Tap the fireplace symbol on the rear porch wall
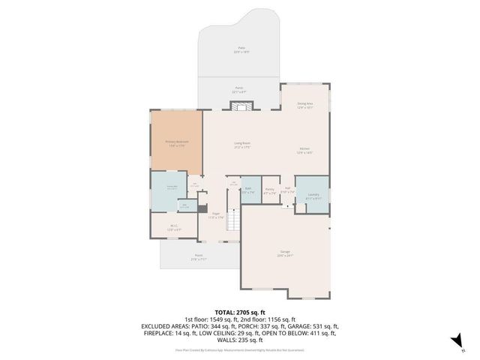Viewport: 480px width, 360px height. click(x=240, y=107)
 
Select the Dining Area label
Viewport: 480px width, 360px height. click(x=304, y=105)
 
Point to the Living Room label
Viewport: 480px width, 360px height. click(x=241, y=145)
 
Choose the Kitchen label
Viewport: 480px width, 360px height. click(x=304, y=149)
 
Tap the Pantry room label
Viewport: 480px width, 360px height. click(x=269, y=190)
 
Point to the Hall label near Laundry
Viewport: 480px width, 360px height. click(x=287, y=190)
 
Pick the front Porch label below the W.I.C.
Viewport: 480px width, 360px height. click(x=199, y=256)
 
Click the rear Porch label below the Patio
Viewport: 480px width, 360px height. click(x=240, y=89)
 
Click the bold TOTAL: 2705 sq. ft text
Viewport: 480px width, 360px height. click(x=240, y=312)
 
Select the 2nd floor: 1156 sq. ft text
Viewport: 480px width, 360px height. click(x=268, y=319)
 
